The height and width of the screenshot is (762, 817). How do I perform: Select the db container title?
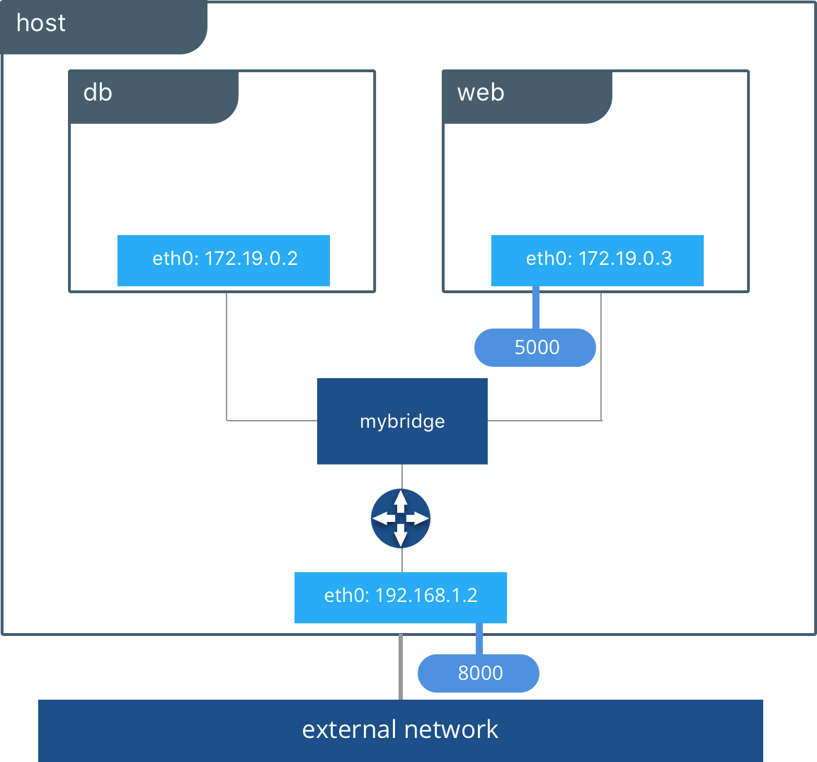point(98,93)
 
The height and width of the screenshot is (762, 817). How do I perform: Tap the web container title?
point(481,93)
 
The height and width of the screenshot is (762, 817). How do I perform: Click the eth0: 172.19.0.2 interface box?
point(224,260)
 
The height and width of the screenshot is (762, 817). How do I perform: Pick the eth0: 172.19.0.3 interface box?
point(598,260)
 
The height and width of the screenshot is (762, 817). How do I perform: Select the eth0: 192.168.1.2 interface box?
point(401,597)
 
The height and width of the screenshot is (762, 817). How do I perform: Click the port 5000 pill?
point(535,348)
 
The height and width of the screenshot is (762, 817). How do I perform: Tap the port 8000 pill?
point(479,673)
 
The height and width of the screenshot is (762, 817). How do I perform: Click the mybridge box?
point(402,421)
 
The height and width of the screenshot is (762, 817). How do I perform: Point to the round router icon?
point(401,518)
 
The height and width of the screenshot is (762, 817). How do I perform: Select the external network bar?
point(401,730)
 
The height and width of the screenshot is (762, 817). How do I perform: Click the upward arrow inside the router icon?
point(401,500)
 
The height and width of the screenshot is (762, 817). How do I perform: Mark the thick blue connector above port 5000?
point(536,307)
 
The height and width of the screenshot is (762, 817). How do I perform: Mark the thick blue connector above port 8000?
point(479,639)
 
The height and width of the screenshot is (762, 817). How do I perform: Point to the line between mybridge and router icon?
point(402,476)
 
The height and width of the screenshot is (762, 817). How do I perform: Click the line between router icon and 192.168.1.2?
point(402,560)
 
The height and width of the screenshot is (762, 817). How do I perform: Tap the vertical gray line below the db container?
point(227,354)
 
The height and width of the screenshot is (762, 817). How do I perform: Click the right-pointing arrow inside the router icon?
point(420,519)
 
